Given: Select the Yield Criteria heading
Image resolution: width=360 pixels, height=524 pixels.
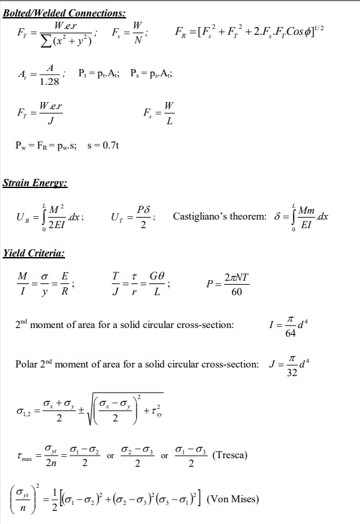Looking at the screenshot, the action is pyautogui.click(x=34, y=253).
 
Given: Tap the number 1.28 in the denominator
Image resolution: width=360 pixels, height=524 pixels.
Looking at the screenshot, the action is pyautogui.click(x=49, y=83).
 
